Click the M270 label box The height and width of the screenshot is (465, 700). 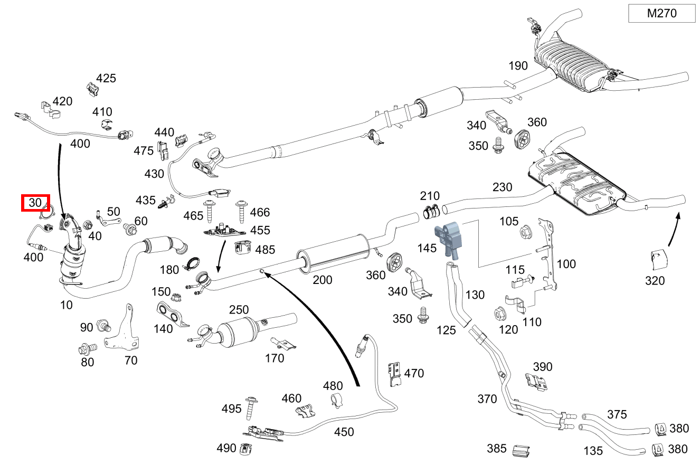pyautogui.click(x=661, y=14)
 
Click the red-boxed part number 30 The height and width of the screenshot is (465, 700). pyautogui.click(x=35, y=203)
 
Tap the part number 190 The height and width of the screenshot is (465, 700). pyautogui.click(x=518, y=66)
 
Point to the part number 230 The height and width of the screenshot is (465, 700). pyautogui.click(x=502, y=187)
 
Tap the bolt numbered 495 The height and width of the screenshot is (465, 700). pyautogui.click(x=251, y=407)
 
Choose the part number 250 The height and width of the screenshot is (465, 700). pyautogui.click(x=239, y=310)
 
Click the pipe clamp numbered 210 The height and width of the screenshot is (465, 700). pyautogui.click(x=431, y=212)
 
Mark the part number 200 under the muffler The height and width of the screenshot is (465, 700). pyautogui.click(x=322, y=279)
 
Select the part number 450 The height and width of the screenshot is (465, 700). pyautogui.click(x=344, y=432)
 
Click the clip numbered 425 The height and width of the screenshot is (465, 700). pyautogui.click(x=92, y=90)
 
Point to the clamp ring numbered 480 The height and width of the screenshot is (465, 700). pyautogui.click(x=334, y=401)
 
